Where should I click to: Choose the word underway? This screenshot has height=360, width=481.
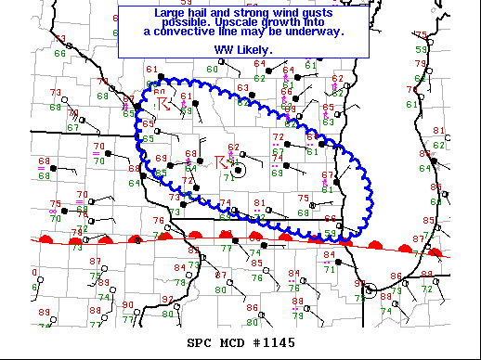(315, 32)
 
